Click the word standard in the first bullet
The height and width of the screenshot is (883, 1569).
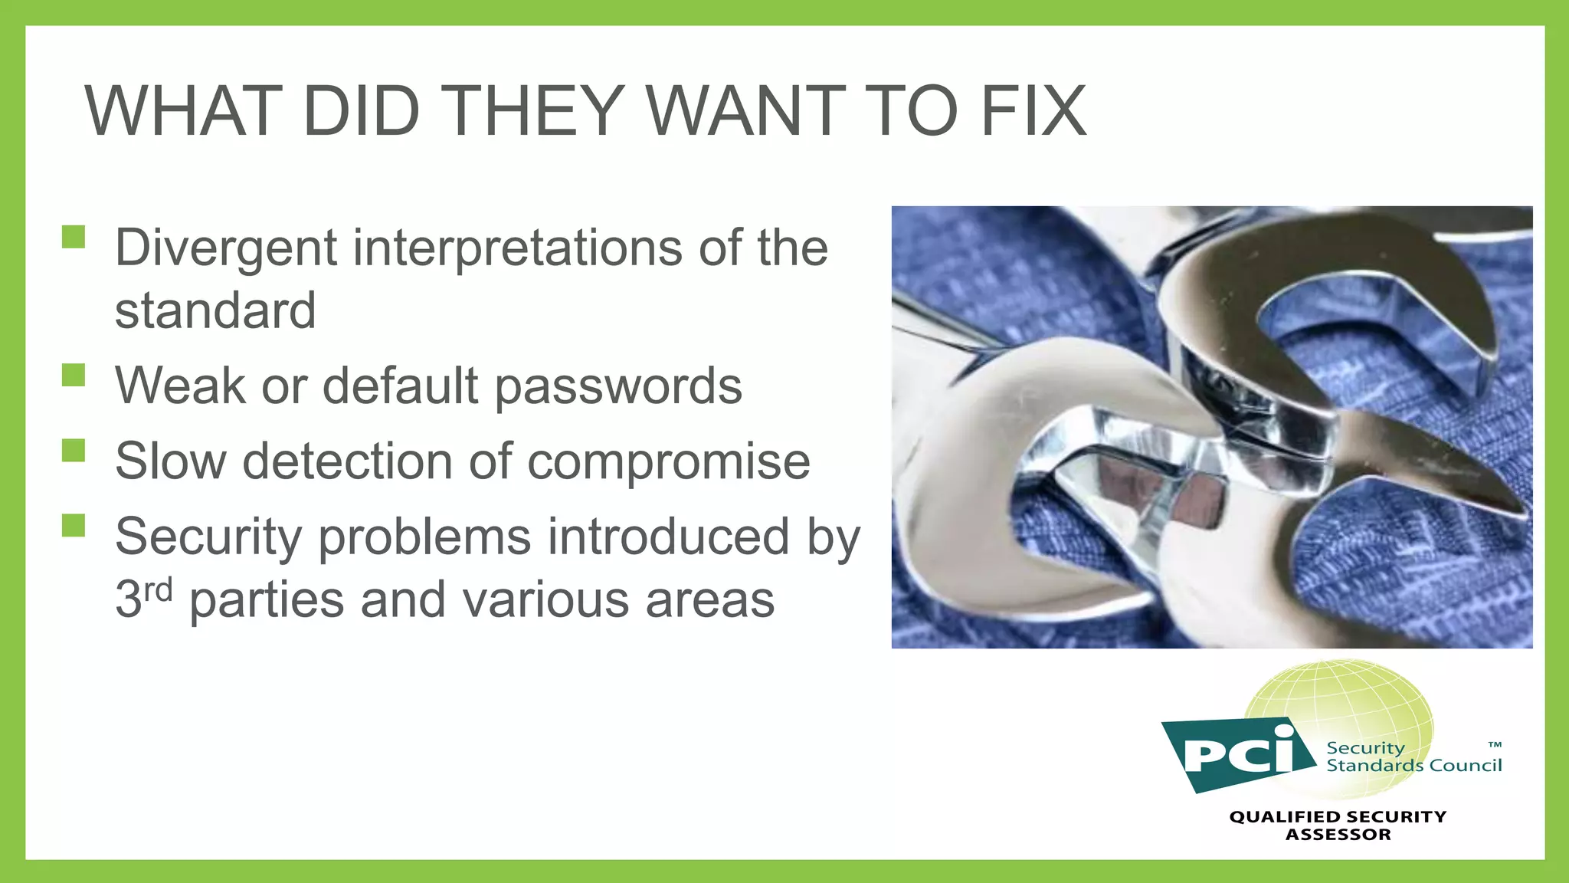click(x=215, y=310)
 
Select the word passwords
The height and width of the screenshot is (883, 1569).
click(x=618, y=386)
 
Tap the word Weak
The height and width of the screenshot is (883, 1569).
click(x=180, y=386)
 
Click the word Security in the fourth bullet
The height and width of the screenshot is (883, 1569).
click(x=208, y=537)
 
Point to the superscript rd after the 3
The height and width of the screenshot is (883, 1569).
click(x=159, y=590)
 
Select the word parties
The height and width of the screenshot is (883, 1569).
click(x=267, y=599)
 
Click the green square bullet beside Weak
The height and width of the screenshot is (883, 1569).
click(x=74, y=375)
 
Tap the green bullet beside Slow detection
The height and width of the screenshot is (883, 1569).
click(x=74, y=450)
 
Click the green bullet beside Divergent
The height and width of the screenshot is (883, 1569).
click(x=74, y=237)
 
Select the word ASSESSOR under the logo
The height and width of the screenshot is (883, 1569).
click(x=1338, y=835)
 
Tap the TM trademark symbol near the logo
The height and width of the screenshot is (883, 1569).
click(x=1495, y=744)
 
